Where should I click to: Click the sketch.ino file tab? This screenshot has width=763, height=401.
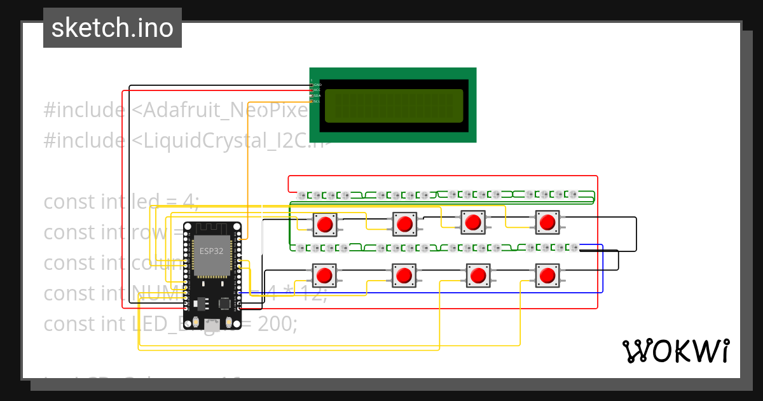(x=113, y=28)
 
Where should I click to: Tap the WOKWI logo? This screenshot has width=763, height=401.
(x=675, y=351)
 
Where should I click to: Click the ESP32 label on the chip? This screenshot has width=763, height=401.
(x=211, y=251)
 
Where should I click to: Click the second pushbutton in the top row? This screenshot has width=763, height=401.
(x=404, y=223)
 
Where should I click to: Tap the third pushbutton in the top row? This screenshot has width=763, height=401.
(x=473, y=222)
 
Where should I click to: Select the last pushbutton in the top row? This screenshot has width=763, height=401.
(x=547, y=222)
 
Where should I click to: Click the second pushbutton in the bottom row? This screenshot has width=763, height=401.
(x=404, y=276)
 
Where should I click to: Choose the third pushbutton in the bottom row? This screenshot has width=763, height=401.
(x=478, y=276)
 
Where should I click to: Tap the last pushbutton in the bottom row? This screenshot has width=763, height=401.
(x=547, y=276)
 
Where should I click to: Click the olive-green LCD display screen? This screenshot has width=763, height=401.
(x=394, y=106)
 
